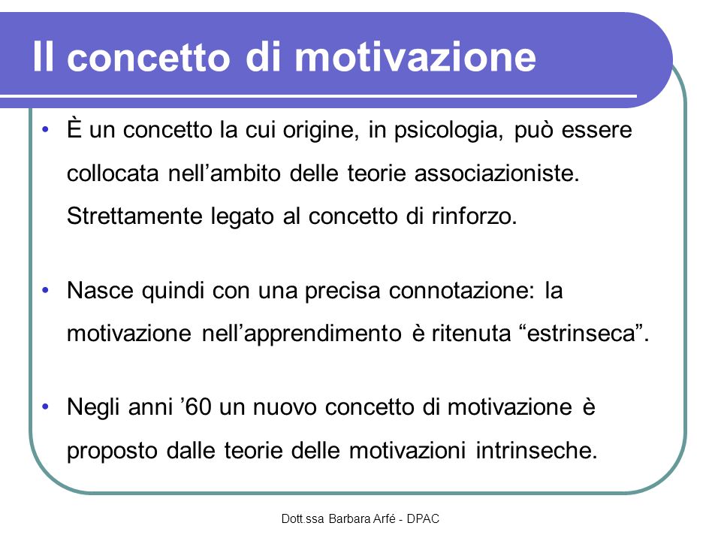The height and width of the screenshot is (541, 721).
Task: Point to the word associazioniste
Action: click(497, 174)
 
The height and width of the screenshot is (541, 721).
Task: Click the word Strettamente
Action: click(134, 216)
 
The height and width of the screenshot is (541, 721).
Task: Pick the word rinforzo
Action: click(475, 216)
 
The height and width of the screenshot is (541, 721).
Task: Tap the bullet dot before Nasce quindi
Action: click(45, 290)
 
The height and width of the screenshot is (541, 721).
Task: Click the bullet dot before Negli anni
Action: click(45, 407)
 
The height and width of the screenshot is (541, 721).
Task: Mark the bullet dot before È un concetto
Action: click(45, 129)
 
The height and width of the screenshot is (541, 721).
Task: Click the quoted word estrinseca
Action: click(584, 333)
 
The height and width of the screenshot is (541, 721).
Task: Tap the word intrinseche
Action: click(536, 450)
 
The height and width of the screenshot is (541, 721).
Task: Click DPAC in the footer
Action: click(423, 519)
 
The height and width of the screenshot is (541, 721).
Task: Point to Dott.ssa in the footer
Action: click(303, 519)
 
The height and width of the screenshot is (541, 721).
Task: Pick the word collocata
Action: click(113, 174)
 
